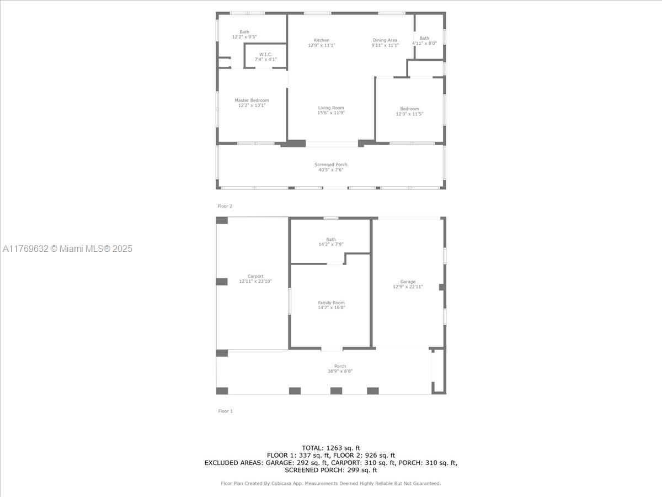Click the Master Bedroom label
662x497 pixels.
tap(252, 100)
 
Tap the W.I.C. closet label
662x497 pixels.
tap(266, 54)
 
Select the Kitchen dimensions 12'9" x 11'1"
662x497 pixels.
tap(322, 45)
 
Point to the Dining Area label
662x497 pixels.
tap(385, 40)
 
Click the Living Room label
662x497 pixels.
tap(331, 108)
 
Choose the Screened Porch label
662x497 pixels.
tap(331, 165)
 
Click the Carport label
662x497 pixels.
tap(255, 276)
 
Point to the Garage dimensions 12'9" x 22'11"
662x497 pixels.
tap(408, 287)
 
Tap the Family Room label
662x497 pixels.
tap(331, 303)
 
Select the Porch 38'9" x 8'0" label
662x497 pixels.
tap(340, 368)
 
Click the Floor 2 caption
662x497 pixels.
tap(225, 206)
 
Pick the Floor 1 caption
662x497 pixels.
tap(225, 411)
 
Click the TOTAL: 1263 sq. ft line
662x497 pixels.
tap(331, 448)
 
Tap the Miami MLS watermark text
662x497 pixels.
tap(67, 248)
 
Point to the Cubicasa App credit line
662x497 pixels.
tap(331, 483)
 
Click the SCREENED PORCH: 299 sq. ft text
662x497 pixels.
tap(331, 470)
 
